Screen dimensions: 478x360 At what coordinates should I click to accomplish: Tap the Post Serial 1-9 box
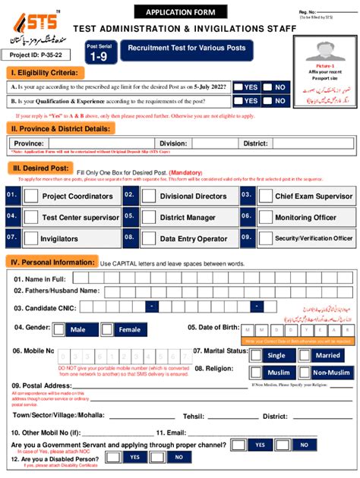(99, 52)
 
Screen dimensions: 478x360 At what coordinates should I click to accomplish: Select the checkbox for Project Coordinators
(30, 196)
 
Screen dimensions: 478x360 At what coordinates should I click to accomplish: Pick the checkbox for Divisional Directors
(148, 196)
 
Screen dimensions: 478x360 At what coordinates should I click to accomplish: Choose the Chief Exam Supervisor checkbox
(265, 196)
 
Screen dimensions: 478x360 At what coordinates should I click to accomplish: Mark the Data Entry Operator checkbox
(148, 238)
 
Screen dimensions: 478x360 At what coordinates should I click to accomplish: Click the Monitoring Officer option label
(305, 217)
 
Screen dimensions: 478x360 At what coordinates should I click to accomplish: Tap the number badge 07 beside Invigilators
(11, 238)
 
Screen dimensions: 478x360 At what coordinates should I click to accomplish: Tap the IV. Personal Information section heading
(52, 262)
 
